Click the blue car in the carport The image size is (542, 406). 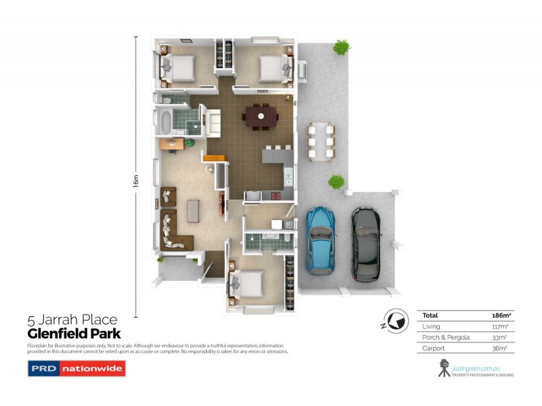coord(320,240)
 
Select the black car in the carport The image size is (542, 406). coord(366,244)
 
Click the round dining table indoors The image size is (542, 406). coord(260,118)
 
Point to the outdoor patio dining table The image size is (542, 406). coord(320,140)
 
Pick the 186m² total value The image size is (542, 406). coord(500,315)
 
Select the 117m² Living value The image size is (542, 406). coord(500,327)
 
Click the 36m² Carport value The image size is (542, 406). coord(500,349)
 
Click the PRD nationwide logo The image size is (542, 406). coord(76,369)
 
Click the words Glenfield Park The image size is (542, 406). coord(74,334)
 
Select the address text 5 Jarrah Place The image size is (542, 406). coord(72,320)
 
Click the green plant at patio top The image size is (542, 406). coord(341,48)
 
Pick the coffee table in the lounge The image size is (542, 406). coord(194,210)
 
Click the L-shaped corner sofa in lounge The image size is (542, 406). coord(175,233)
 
